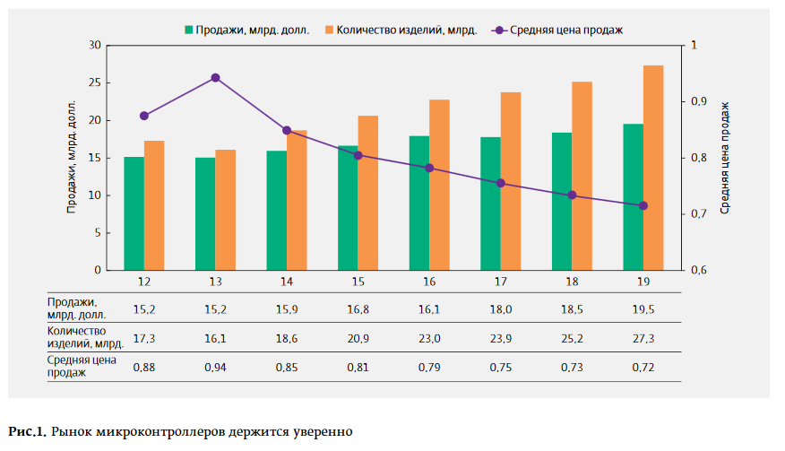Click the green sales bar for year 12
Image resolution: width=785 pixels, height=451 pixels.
coord(134,213)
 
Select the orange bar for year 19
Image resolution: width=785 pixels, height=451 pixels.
coord(653,168)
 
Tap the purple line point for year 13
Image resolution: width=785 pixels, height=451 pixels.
coord(216,78)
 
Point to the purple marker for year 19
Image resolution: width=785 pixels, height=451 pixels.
coord(643,206)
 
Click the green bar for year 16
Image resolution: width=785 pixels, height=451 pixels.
coord(418,203)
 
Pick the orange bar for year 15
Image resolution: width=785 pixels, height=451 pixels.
coord(368,193)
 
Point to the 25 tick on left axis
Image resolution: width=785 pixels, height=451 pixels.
coord(94,82)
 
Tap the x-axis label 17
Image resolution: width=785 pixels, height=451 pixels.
coord(500,282)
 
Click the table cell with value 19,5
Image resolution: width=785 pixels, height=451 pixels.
coord(643,308)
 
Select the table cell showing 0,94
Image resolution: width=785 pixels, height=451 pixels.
coord(215,368)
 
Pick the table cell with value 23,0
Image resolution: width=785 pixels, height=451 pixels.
coord(429,338)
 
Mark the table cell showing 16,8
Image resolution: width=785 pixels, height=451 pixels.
coord(358,308)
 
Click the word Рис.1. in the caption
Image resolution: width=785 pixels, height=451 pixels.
coord(27,432)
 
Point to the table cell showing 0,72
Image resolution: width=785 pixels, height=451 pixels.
coord(643,368)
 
